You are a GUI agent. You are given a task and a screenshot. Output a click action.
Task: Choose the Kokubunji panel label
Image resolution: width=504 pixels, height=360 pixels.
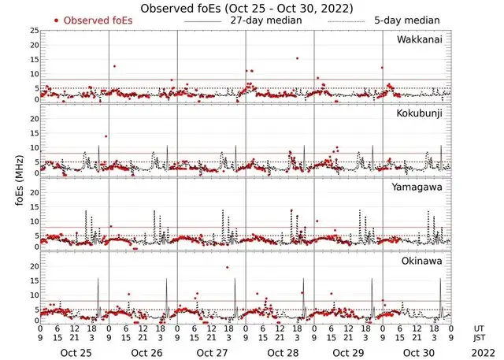click(421, 114)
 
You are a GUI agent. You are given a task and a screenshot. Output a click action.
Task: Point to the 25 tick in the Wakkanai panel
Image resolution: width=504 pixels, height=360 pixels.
click(34, 30)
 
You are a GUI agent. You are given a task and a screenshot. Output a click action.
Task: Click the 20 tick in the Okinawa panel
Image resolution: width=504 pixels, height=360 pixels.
click(34, 265)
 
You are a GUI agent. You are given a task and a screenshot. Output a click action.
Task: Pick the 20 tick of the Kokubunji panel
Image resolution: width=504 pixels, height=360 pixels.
click(34, 118)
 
